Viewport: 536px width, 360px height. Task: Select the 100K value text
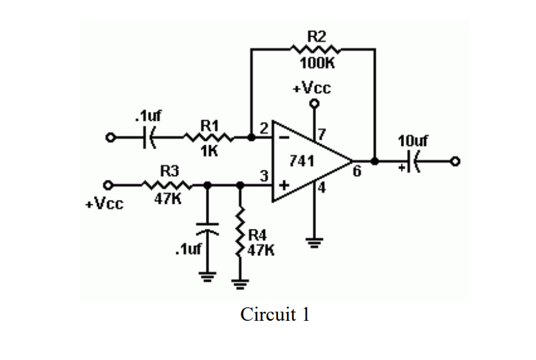pyautogui.click(x=317, y=64)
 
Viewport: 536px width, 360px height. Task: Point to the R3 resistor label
pyautogui.click(x=169, y=171)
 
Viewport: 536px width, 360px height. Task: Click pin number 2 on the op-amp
pyautogui.click(x=264, y=127)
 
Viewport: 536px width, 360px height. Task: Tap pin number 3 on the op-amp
pyautogui.click(x=263, y=175)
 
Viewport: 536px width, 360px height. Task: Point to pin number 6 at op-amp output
pyautogui.click(x=356, y=171)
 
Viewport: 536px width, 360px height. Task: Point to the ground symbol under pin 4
pyautogui.click(x=314, y=243)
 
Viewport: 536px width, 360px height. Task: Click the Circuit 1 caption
pyautogui.click(x=275, y=315)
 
